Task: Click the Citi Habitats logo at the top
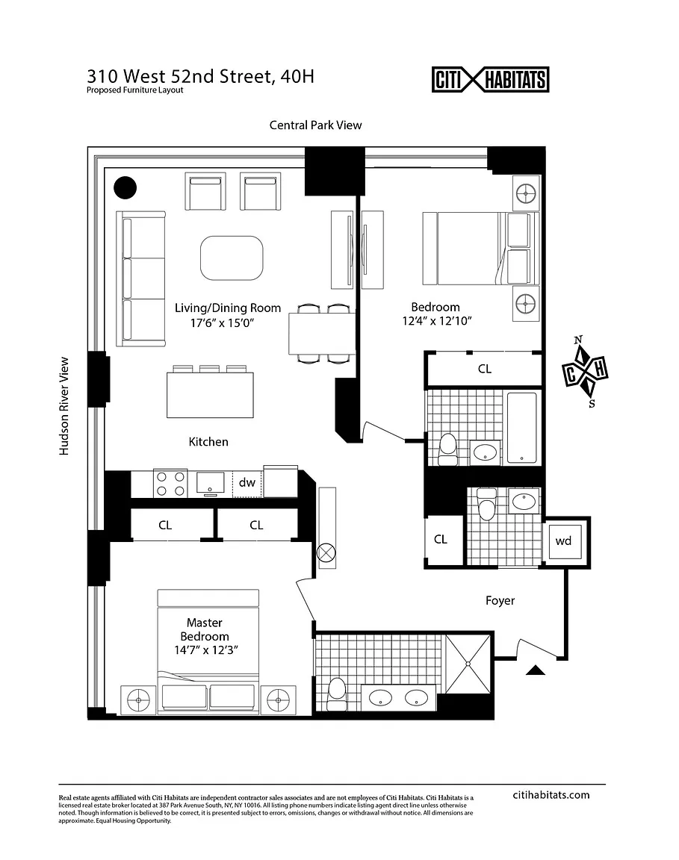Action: (491, 79)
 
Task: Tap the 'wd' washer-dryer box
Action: (563, 540)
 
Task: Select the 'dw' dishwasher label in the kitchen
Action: (247, 483)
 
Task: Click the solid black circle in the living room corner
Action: (125, 187)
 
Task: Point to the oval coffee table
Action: (232, 258)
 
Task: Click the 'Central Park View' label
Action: (315, 125)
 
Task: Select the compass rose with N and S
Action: (585, 372)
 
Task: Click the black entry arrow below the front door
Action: (536, 670)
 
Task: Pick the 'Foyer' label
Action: (500, 600)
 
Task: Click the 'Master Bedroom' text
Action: (204, 629)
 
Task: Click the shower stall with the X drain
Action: (468, 662)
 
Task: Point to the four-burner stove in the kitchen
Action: (170, 483)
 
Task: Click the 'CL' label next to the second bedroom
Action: (484, 369)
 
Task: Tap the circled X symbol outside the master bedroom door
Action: (326, 553)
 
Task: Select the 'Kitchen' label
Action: (208, 442)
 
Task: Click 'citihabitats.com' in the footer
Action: (552, 794)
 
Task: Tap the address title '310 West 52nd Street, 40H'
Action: (200, 76)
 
